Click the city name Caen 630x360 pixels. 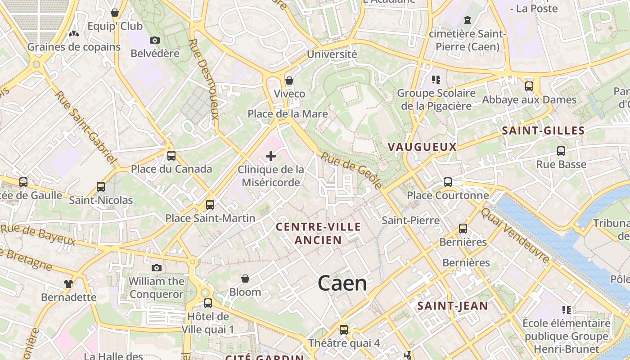pos(342,283)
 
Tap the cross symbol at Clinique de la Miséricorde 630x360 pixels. pos(271,156)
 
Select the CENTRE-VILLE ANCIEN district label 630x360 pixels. pos(318,233)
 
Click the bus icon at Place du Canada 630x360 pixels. pos(171,156)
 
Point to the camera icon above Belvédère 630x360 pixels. pos(154,40)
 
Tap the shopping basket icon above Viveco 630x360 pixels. pos(289,81)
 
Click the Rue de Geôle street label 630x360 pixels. pos(352,170)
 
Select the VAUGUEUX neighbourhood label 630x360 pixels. pos(422,147)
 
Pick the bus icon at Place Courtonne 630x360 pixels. pos(448,182)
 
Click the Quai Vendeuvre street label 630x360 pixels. pos(515,235)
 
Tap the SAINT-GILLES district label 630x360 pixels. pos(543,131)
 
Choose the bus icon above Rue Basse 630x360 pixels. pos(561,151)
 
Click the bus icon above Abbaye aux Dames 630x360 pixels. pos(529,86)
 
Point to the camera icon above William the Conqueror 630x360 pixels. pos(156,268)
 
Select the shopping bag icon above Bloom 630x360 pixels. pos(245,279)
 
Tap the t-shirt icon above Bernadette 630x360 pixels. pos(68,284)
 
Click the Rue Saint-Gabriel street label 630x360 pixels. pos(85,127)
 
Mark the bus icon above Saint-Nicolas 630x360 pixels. pos(101,187)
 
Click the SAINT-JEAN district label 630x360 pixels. pos(452,306)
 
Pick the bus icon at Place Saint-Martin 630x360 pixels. pos(210,205)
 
